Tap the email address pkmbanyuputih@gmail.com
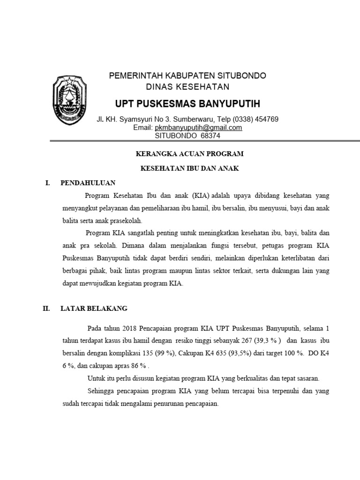199,127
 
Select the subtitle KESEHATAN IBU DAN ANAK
190,169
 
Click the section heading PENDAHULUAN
88,183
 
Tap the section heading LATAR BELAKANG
94,308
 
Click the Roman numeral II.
46,308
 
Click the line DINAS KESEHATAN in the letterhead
187,87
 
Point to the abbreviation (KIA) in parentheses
199,195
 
